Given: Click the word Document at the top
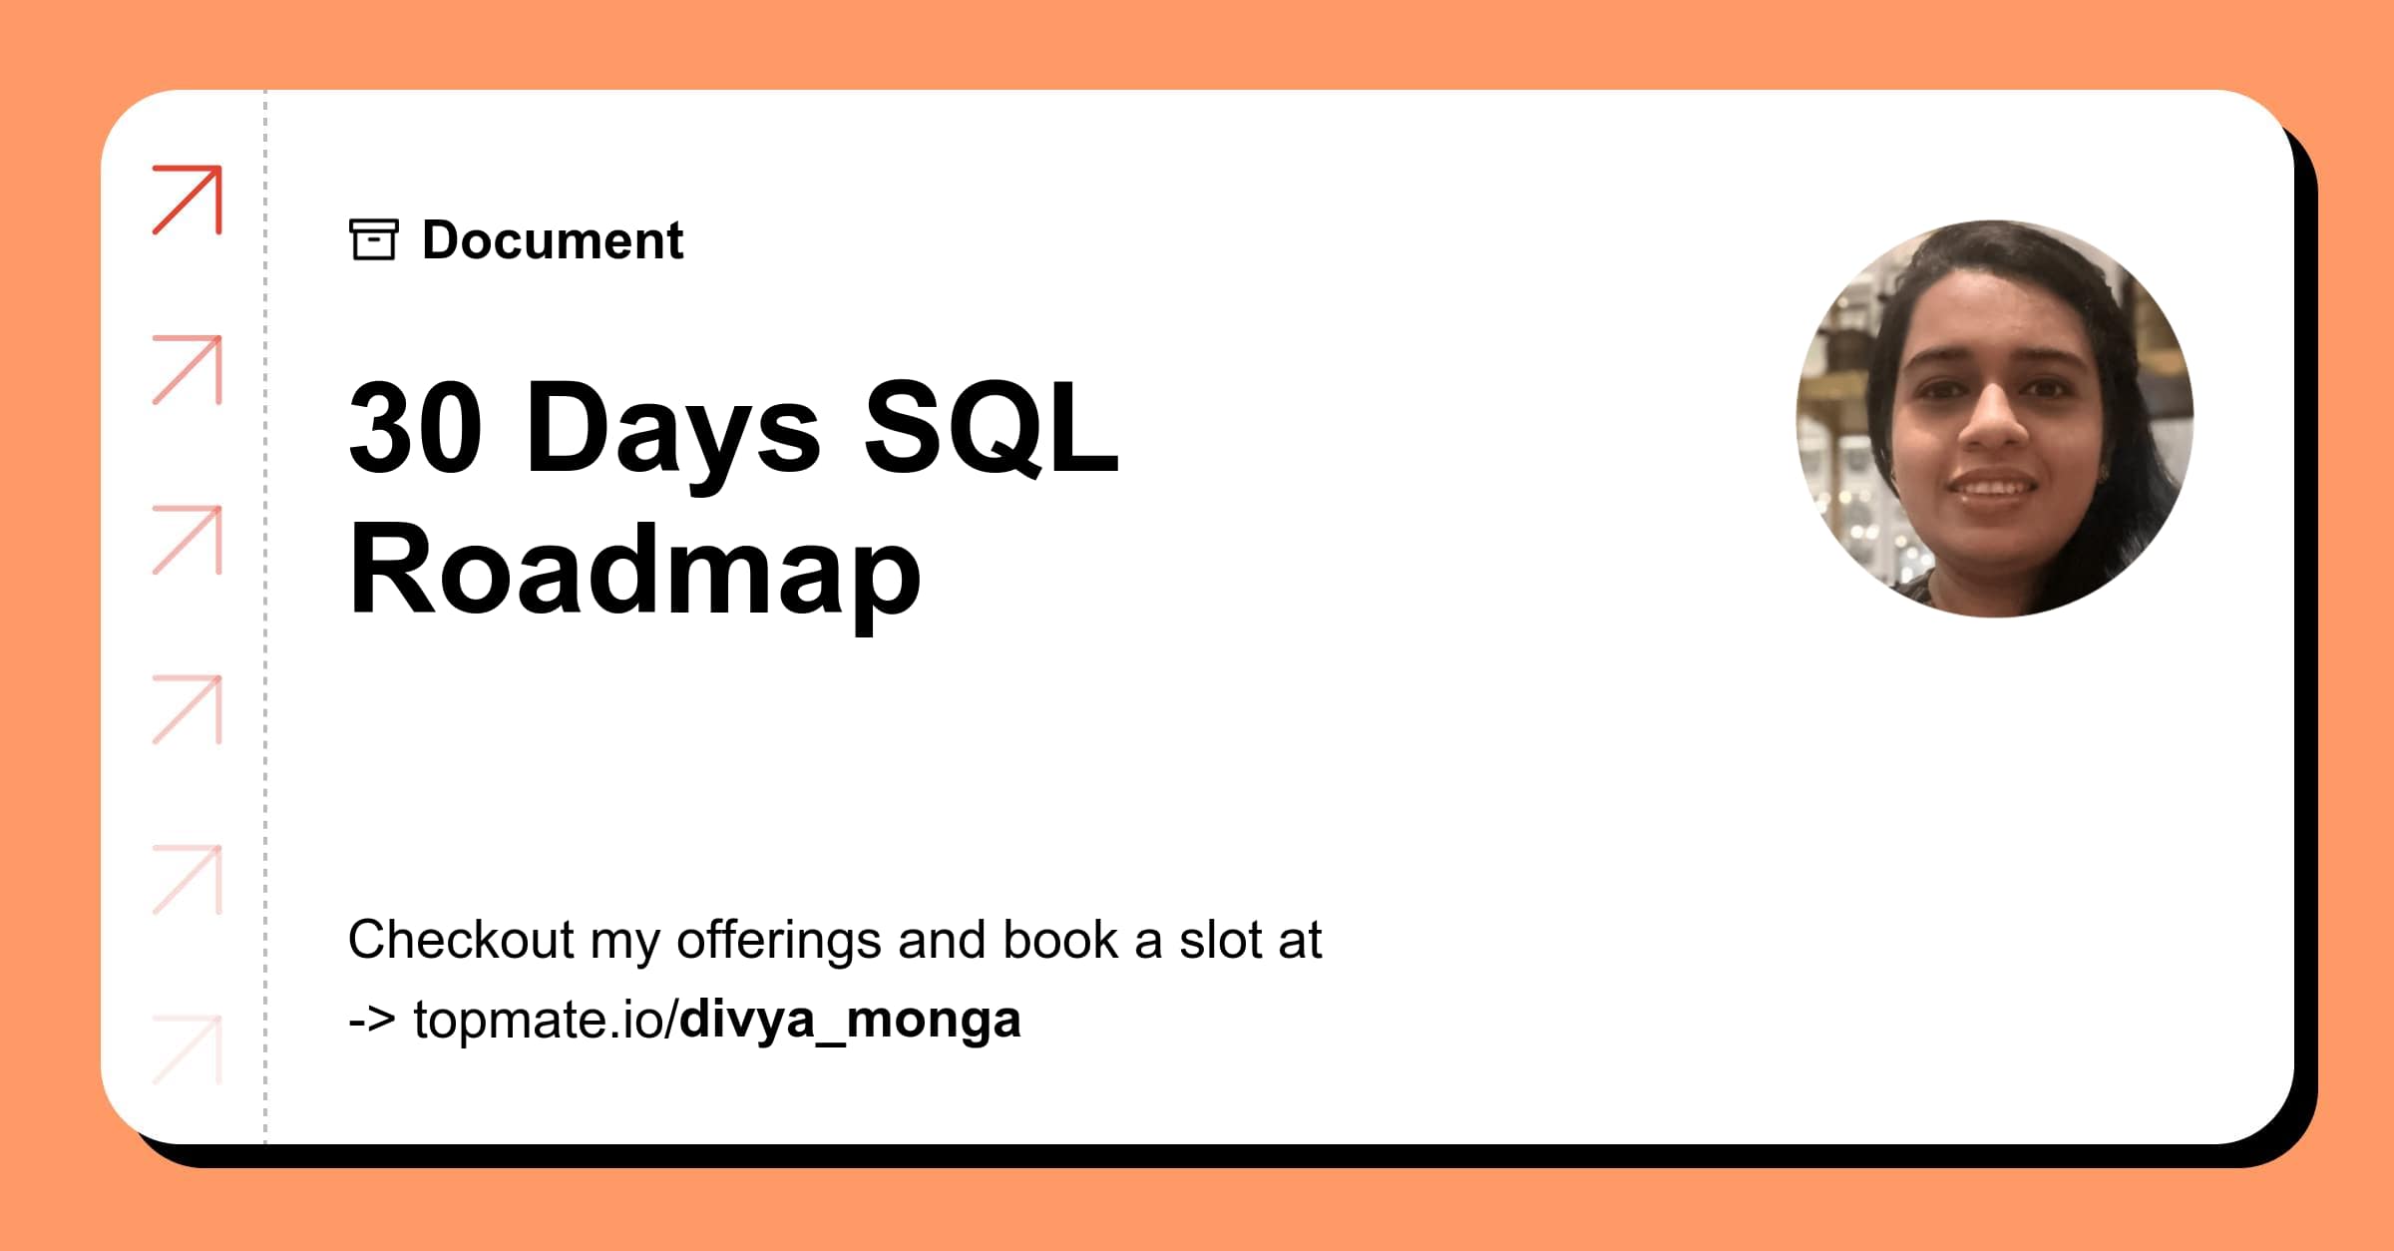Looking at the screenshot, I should pos(552,240).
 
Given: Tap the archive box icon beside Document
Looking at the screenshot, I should pos(374,239).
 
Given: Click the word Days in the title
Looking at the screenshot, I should pos(672,429).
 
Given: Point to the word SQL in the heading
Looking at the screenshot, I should pos(991,427).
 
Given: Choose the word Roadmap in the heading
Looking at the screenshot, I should pos(634,572).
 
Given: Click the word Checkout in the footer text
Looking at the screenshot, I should pos(461,940).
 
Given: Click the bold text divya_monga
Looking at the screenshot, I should pos(850,1020).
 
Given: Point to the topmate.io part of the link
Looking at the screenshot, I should pos(545,1020).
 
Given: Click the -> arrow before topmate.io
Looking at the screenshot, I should pos(372,1020).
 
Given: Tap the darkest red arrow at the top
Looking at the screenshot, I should pos(188,200).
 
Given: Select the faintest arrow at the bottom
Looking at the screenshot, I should pos(188,1049).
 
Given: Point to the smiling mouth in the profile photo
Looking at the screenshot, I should pos(1993,488).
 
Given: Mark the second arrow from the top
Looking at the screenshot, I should pos(188,370).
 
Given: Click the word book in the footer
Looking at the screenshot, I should pos(1059,940).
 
